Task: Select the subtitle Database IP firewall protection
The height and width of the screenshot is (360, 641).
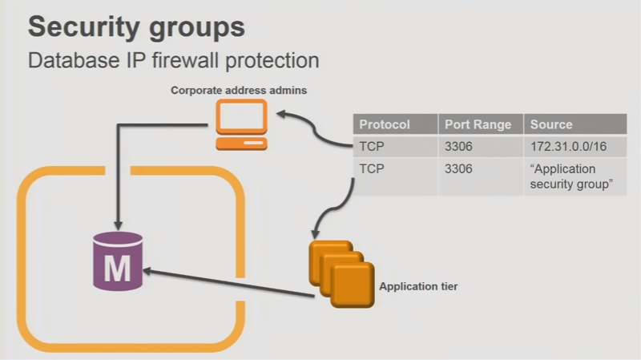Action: pos(173,60)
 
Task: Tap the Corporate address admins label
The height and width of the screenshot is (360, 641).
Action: pos(239,91)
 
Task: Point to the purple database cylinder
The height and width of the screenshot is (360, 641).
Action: pos(117,261)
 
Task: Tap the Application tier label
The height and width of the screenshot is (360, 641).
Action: pos(418,286)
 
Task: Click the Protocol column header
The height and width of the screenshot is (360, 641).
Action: pos(385,125)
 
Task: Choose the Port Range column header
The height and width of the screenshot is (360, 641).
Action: pos(477,125)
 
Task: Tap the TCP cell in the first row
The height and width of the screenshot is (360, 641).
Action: pos(373,147)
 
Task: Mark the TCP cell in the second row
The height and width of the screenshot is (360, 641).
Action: pos(373,169)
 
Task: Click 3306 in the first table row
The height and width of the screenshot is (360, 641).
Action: pos(458,147)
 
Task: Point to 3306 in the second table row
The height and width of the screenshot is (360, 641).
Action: pos(458,169)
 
